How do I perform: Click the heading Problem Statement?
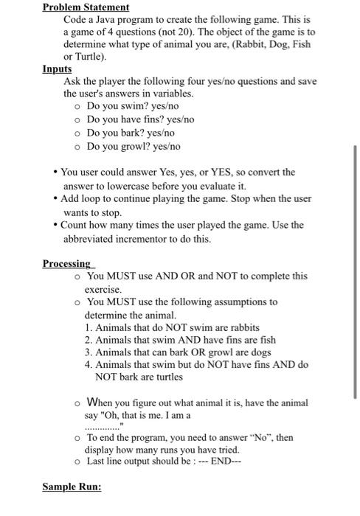[x=86, y=7]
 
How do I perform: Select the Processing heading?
[x=67, y=264]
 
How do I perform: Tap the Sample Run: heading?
[x=72, y=488]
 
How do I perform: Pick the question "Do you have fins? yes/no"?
[x=140, y=119]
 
